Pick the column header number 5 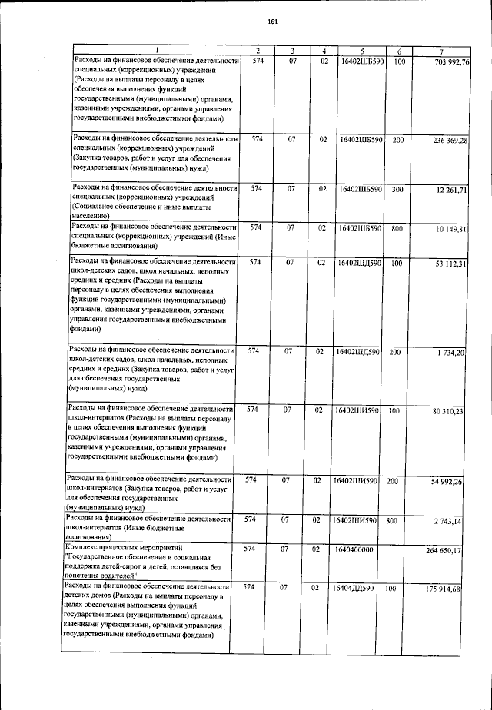click(361, 51)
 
